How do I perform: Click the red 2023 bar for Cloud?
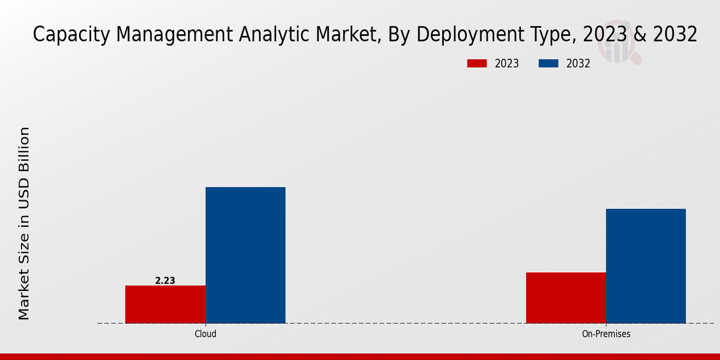click(x=165, y=304)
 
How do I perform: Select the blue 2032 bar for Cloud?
click(x=245, y=255)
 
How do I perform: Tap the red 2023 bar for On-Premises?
click(x=566, y=298)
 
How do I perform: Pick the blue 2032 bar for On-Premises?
click(x=646, y=266)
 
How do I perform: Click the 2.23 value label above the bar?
click(x=165, y=280)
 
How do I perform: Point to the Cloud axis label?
click(x=205, y=334)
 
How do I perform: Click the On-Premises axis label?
click(x=606, y=334)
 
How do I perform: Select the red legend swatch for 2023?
click(x=477, y=64)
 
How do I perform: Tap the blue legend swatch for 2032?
click(x=549, y=64)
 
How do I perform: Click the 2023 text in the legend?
click(x=507, y=64)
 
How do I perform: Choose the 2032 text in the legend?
click(x=578, y=64)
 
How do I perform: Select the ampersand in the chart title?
click(x=639, y=35)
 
